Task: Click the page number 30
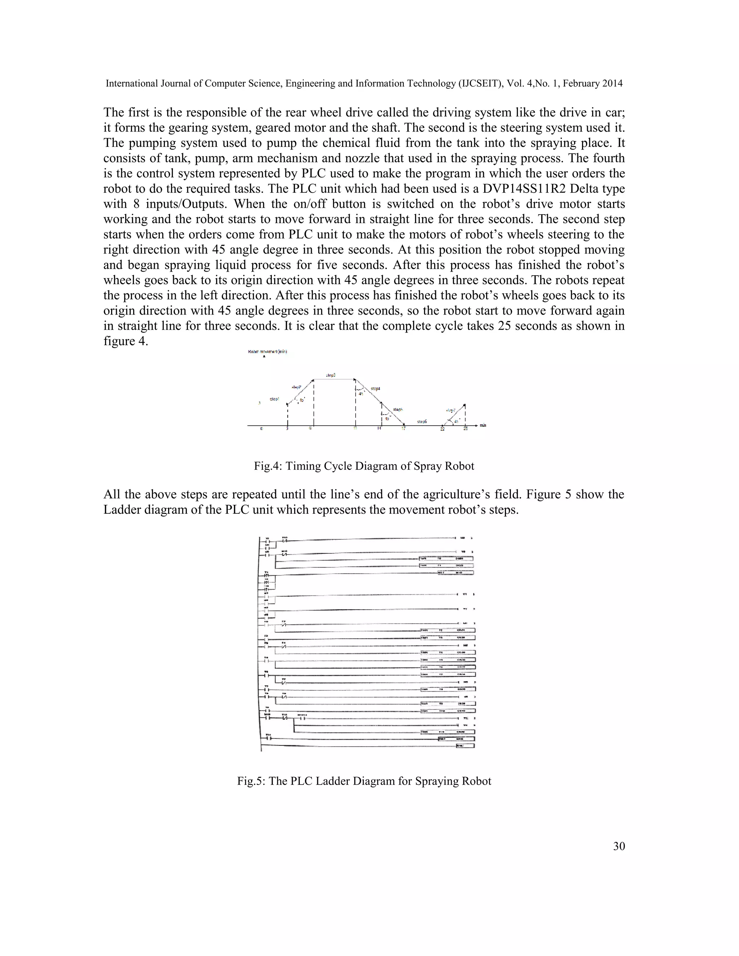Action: (618, 846)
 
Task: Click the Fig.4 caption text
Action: (364, 466)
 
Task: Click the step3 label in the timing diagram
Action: (331, 375)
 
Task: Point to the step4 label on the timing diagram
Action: (375, 388)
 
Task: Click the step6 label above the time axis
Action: (422, 421)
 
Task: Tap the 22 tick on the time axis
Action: (442, 429)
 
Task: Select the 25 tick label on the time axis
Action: (465, 429)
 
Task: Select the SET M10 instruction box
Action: (455, 573)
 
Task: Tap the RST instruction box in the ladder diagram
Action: (456, 738)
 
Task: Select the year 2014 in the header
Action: (612, 83)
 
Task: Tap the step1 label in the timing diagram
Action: (275, 399)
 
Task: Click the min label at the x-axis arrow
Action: (483, 425)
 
